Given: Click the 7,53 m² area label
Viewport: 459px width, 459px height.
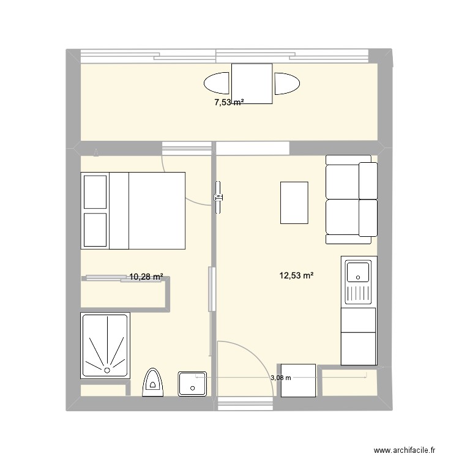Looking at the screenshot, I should click(x=228, y=102).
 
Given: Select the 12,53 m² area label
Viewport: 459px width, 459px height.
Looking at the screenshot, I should click(x=296, y=277).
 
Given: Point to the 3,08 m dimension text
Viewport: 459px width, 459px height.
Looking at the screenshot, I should click(x=280, y=378).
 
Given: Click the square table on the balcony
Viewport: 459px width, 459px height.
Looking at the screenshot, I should click(x=251, y=83).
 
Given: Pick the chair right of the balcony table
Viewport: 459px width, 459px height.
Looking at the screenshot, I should click(x=287, y=84).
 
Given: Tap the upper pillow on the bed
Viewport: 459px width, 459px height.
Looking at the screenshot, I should click(x=95, y=192).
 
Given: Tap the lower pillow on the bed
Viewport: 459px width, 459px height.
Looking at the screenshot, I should click(x=95, y=229).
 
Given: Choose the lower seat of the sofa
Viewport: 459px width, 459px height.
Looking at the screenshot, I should click(x=351, y=217).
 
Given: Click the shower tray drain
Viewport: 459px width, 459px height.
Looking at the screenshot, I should click(x=107, y=370).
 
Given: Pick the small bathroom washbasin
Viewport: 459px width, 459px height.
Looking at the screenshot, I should click(x=193, y=384).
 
